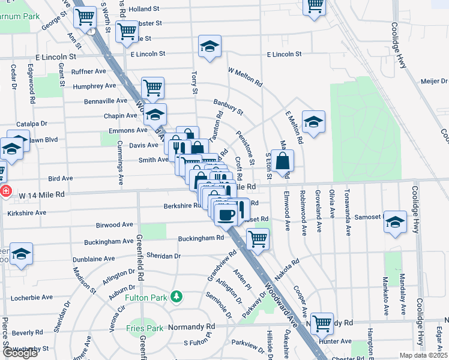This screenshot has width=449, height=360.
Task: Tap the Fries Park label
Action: click(145, 328)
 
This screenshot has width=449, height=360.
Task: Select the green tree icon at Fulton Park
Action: click(176, 296)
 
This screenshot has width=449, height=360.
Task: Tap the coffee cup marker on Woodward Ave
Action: click(226, 214)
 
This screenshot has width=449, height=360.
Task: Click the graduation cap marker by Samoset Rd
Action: click(394, 222)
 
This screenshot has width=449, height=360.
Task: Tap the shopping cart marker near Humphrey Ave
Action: click(152, 88)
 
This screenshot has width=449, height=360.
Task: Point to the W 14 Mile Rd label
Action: click(41, 195)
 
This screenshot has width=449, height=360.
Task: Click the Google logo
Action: click(20, 353)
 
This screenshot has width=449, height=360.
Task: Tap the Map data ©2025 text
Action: click(423, 355)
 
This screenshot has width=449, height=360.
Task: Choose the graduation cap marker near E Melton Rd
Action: click(313, 122)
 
